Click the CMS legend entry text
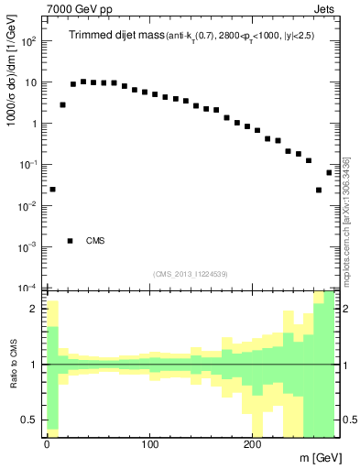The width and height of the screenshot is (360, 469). [x=95, y=241]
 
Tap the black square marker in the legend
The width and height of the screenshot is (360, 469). [x=70, y=241]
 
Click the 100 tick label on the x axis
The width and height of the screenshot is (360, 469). [x=149, y=444]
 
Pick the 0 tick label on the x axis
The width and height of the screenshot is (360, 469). [x=47, y=444]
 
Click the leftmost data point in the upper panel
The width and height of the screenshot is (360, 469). [x=52, y=190]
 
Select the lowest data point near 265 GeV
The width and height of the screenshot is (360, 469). [x=319, y=190]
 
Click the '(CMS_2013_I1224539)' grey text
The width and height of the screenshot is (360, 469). [x=190, y=274]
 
